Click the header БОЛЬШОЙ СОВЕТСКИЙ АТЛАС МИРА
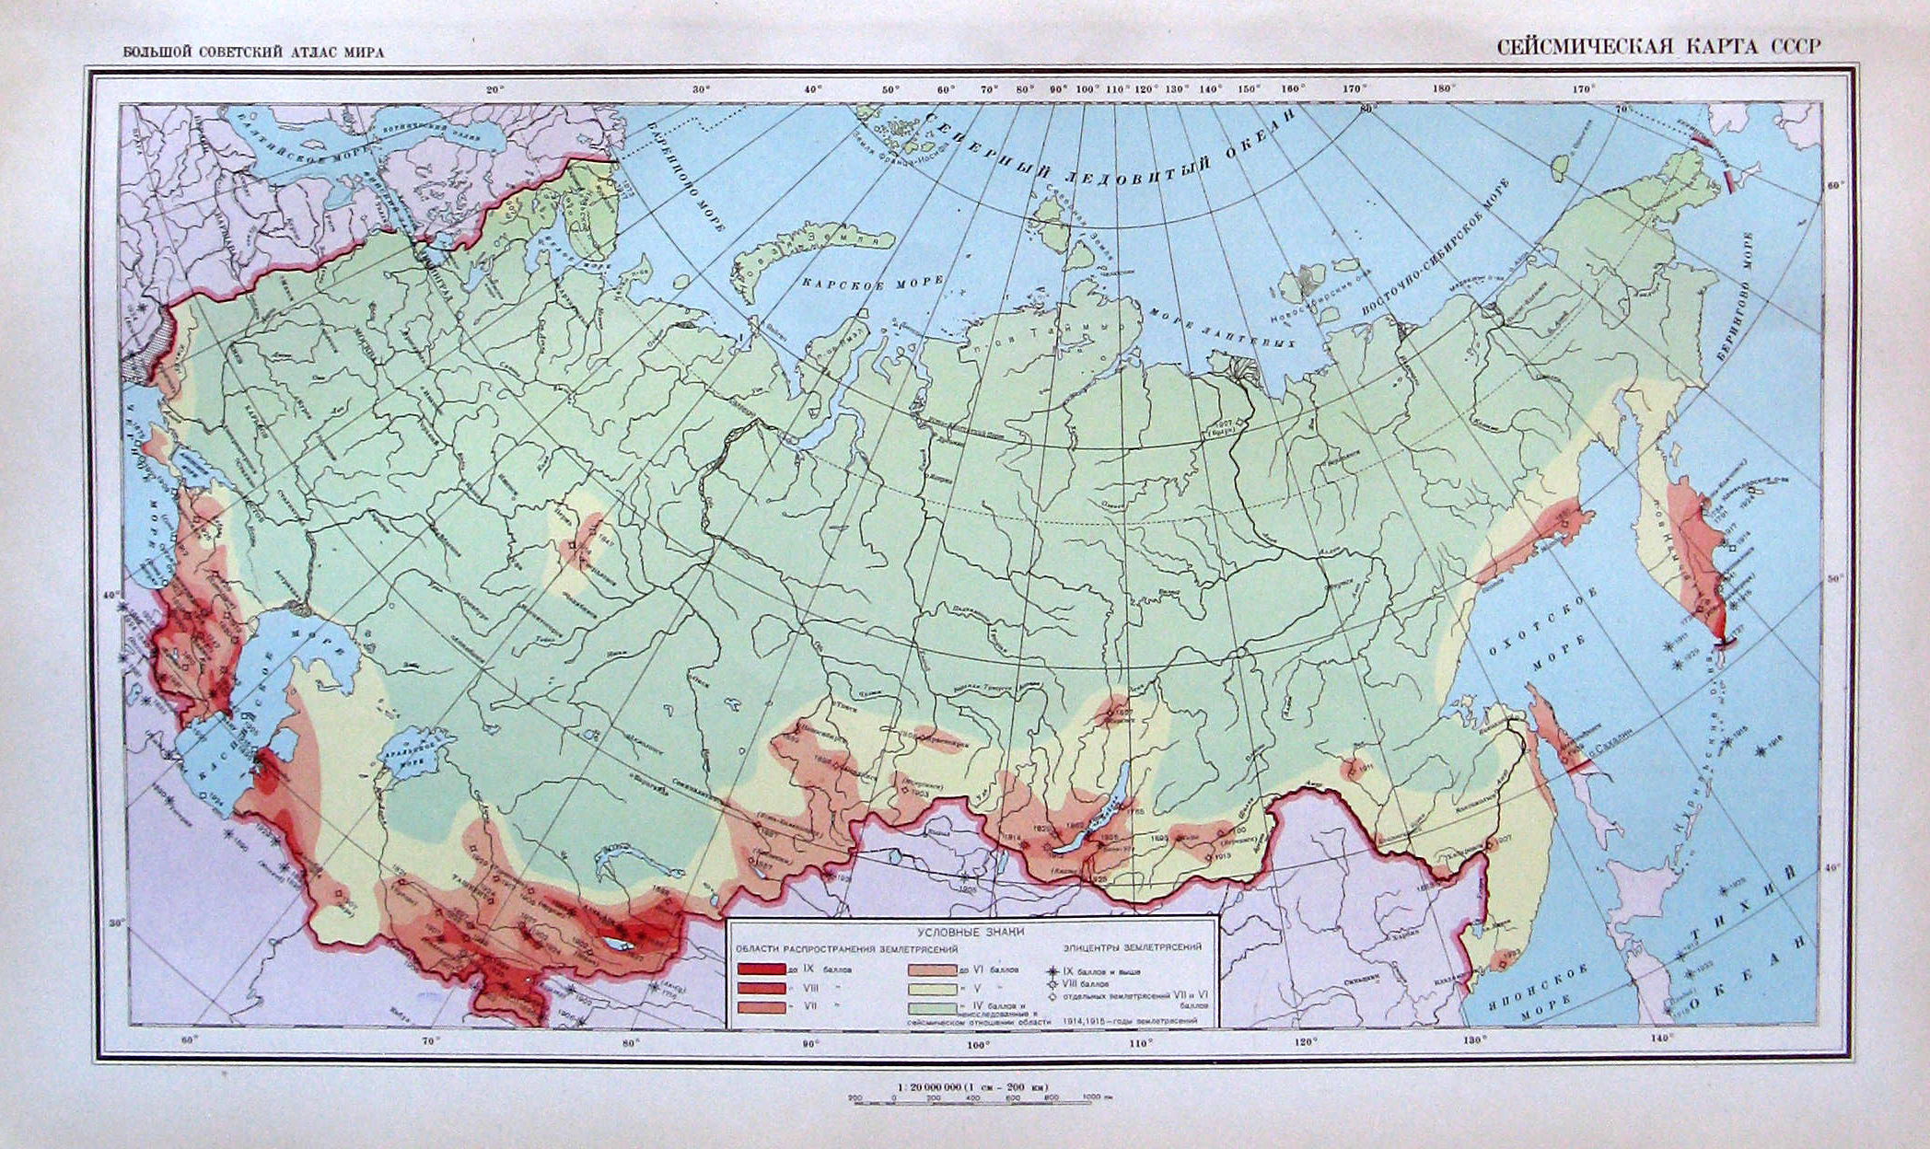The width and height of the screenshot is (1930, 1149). point(253,52)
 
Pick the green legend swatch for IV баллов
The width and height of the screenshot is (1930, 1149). point(931,1007)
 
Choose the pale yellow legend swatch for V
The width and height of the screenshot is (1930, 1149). point(931,989)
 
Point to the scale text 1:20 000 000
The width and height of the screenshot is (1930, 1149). point(969,1086)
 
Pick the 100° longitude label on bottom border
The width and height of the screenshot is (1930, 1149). point(977,1044)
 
